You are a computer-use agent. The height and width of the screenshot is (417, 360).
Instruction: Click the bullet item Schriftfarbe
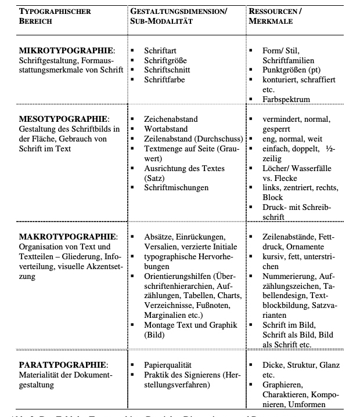165,79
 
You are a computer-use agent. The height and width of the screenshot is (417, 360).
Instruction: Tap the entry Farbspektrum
286,99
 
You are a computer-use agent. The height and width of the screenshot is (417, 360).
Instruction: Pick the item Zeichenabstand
171,119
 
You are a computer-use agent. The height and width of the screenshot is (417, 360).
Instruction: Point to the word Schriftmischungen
177,188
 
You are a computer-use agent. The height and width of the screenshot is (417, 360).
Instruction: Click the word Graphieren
282,385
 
